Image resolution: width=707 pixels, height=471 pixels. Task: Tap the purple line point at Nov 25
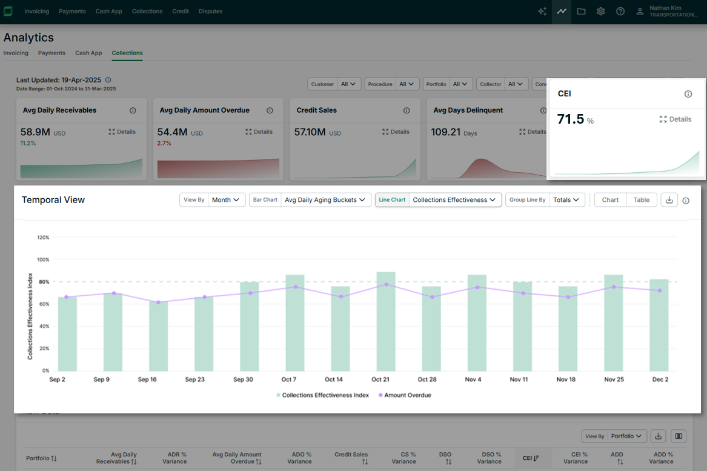point(614,287)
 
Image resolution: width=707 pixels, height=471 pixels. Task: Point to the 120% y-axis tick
point(43,238)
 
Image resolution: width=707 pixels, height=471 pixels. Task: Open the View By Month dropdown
point(227,200)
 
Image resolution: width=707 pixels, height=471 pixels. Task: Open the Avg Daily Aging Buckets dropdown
point(325,200)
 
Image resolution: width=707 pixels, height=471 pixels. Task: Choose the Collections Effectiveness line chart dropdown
point(454,200)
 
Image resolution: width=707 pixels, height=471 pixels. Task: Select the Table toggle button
point(641,200)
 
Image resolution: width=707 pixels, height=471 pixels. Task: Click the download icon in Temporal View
point(669,200)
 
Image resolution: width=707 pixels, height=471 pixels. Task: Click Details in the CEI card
point(675,119)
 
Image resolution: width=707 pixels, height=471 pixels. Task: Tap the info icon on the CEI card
point(688,94)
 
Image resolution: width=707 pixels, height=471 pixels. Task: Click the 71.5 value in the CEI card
point(571,119)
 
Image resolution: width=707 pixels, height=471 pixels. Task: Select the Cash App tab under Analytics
point(88,53)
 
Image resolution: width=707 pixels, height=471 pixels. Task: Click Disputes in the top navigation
point(210,12)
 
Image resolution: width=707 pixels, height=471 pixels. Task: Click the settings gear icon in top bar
point(600,12)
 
